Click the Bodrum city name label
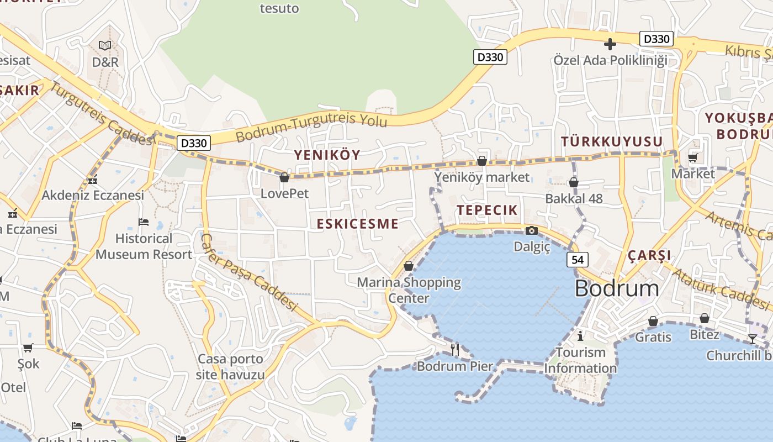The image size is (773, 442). (x=617, y=288)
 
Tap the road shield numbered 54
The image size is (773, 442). (x=577, y=260)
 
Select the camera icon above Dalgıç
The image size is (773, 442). (x=532, y=230)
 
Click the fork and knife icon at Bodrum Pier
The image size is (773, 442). (x=455, y=349)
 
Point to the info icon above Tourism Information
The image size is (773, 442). (x=580, y=336)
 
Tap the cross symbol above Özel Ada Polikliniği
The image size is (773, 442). (x=610, y=44)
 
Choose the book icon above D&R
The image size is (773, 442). (x=105, y=45)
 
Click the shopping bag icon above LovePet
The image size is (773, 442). (x=284, y=177)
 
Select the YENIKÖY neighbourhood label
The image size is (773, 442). (x=327, y=155)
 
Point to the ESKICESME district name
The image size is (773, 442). (x=357, y=224)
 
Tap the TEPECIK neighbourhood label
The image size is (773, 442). (x=487, y=210)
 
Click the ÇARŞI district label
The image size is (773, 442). (x=649, y=255)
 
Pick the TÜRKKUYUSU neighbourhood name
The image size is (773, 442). (x=611, y=141)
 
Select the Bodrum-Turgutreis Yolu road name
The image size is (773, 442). (x=311, y=127)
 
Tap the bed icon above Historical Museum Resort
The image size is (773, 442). (x=144, y=222)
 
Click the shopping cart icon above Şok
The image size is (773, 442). (x=28, y=348)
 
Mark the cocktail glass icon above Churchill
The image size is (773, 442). (x=752, y=339)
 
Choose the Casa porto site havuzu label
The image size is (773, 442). (x=230, y=367)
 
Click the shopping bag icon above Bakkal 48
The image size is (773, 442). (x=573, y=182)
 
